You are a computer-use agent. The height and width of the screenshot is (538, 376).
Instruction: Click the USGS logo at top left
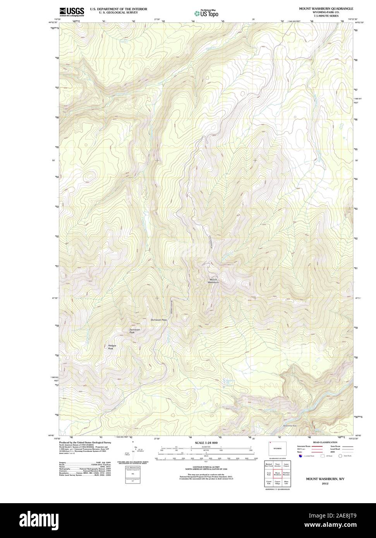point(72,12)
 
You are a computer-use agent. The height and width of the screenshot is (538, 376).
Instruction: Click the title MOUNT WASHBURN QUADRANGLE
point(325,8)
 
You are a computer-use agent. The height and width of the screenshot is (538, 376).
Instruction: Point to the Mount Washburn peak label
point(213,281)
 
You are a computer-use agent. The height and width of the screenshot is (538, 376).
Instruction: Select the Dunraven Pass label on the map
point(159,320)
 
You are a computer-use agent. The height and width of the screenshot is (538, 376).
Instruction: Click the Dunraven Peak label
point(134,331)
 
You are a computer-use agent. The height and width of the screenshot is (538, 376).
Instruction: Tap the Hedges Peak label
point(112,347)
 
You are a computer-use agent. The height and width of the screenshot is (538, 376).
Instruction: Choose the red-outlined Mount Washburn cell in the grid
point(278,473)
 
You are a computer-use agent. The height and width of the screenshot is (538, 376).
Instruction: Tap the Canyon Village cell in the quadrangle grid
point(278,483)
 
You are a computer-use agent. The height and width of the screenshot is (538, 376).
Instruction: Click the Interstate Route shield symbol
point(300,456)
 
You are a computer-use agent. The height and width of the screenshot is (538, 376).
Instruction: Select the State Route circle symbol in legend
point(340,456)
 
